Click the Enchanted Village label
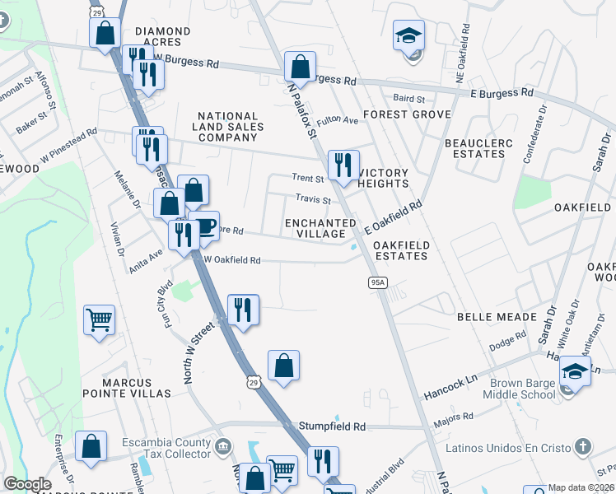click(x=320, y=228)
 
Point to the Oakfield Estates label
click(x=400, y=250)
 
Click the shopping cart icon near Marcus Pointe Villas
click(x=99, y=319)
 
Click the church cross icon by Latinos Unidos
click(x=582, y=448)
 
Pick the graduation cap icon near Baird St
click(x=408, y=35)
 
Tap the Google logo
click(x=27, y=484)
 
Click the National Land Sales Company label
click(x=228, y=127)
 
